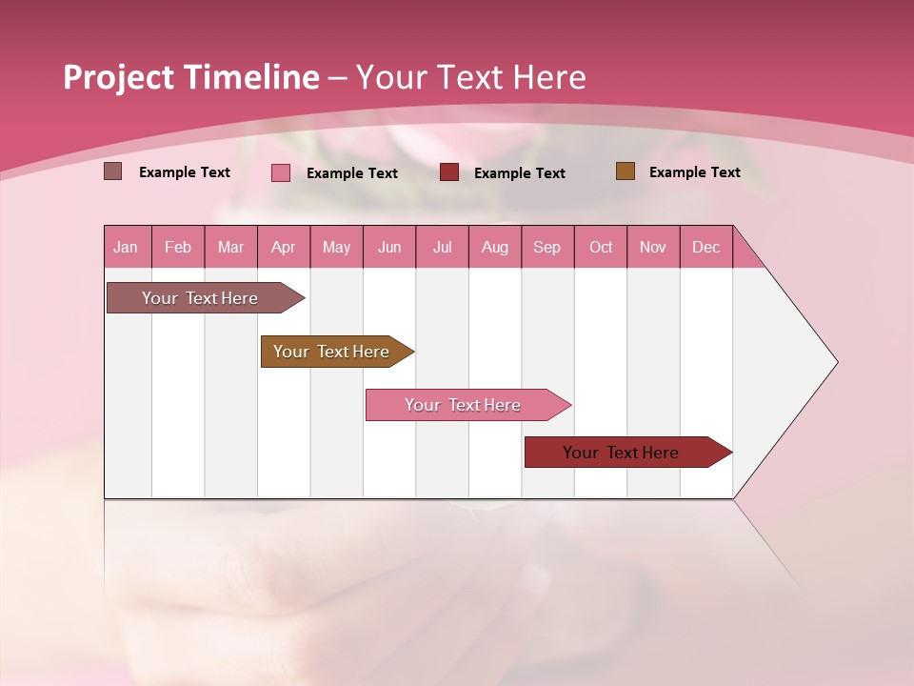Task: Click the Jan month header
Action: tap(126, 248)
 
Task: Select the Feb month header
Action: tap(178, 248)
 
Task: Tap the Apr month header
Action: tap(284, 248)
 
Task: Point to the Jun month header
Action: tap(389, 248)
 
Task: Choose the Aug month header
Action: tap(495, 248)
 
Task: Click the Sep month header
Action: tap(547, 248)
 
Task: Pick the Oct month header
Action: tap(601, 248)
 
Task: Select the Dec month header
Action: tap(706, 248)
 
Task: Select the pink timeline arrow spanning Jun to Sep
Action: tap(465, 405)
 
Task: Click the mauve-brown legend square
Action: tap(113, 171)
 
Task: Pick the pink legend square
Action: tap(281, 172)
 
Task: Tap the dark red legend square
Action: tap(449, 172)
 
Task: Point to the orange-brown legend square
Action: tap(625, 171)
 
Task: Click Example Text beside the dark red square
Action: tap(519, 173)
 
